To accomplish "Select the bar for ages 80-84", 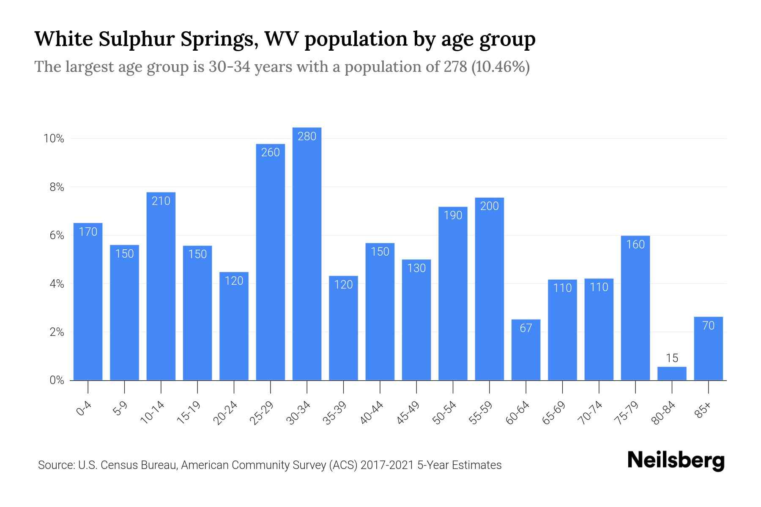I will [672, 373].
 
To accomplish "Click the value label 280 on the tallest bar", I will [307, 136].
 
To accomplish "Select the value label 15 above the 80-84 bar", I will [672, 358].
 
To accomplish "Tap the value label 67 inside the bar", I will [526, 328].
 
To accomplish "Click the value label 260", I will [271, 152].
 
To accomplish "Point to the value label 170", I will [88, 232].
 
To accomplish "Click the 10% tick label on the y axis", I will [54, 139].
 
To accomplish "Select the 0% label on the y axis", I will [57, 380].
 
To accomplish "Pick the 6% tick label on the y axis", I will [57, 235].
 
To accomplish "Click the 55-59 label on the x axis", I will [481, 413].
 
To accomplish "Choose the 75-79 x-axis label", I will [627, 413].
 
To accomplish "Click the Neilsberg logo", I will [676, 461].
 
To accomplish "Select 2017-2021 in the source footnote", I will [387, 465].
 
